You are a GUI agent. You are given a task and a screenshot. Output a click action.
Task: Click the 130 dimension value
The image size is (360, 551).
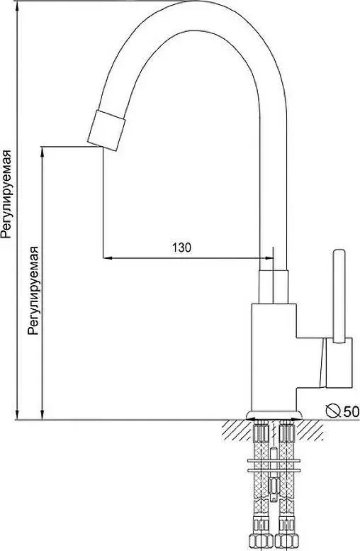point(181,247)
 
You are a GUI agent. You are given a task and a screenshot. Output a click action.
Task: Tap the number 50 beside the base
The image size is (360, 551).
point(351,411)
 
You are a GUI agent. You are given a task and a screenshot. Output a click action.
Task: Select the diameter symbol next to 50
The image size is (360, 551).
point(333,411)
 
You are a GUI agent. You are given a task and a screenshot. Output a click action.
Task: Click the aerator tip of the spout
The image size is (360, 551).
point(106,130)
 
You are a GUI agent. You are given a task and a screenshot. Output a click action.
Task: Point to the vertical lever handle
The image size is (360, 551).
point(339,296)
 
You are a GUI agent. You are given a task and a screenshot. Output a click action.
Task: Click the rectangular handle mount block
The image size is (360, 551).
point(339,363)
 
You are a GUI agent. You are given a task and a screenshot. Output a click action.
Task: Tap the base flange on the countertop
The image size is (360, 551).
point(274,416)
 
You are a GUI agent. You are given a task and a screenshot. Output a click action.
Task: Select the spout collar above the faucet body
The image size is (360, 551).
point(274,286)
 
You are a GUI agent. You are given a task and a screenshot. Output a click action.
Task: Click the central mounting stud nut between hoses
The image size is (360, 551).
point(274,486)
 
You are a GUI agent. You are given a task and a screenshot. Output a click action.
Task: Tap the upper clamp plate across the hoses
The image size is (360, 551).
point(274,460)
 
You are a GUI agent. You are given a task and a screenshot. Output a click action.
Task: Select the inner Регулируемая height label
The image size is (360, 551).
point(33,290)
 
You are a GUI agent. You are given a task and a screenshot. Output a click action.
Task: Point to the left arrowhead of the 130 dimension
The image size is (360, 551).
point(108,258)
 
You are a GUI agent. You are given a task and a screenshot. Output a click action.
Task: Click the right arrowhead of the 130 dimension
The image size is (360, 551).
point(269,258)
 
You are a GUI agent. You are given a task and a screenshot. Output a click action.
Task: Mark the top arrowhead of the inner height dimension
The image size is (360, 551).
point(43,151)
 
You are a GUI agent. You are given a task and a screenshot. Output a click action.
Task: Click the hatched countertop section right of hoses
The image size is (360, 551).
point(310,430)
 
